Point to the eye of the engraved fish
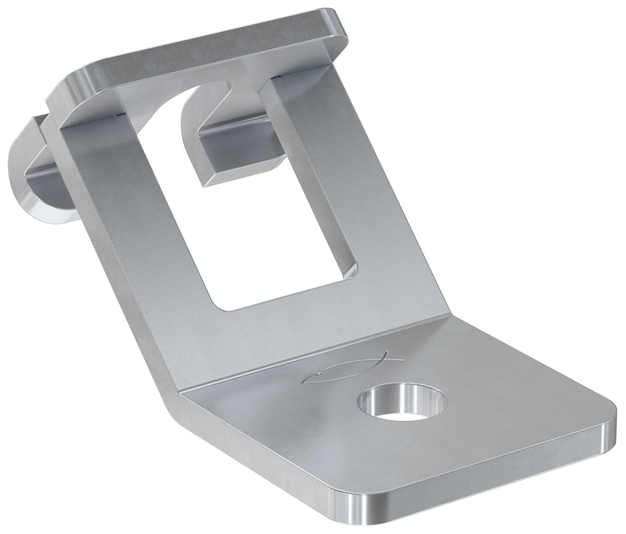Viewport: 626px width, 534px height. (319, 373)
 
